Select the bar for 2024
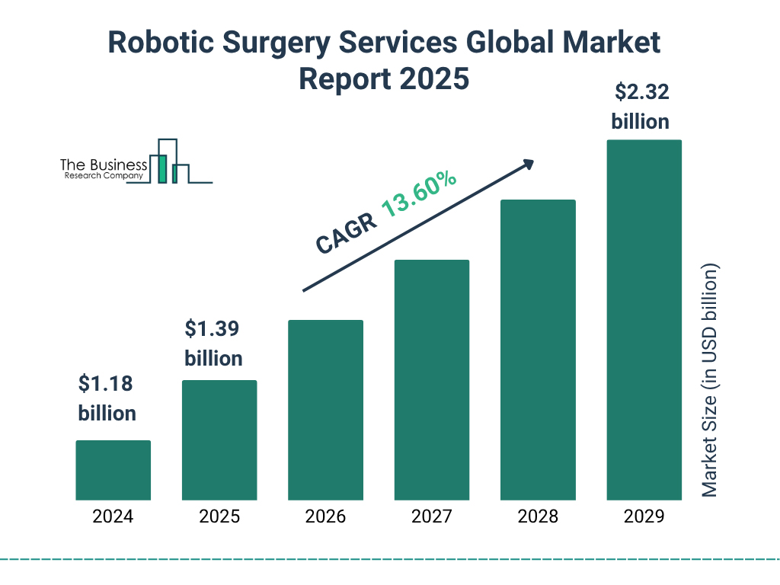tap(113, 470)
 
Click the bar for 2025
tap(219, 440)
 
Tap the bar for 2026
tap(325, 410)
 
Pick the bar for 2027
tap(431, 379)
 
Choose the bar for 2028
tap(538, 350)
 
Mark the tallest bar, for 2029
tap(644, 320)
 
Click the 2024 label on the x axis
tap(113, 516)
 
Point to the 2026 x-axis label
tap(325, 516)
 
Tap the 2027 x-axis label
tap(431, 516)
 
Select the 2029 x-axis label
tap(644, 516)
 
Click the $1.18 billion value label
tap(107, 398)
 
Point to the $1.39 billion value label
tap(213, 344)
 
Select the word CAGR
tap(346, 232)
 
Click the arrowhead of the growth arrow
tap(528, 165)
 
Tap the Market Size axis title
tap(710, 381)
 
